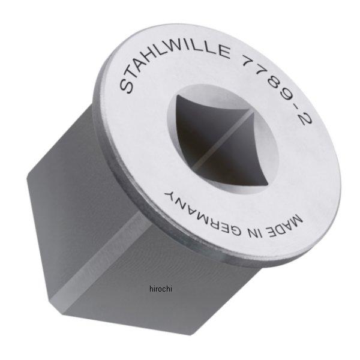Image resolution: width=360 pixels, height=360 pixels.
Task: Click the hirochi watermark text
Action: (x=160, y=289)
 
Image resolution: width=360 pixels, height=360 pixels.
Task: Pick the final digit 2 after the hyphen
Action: (x=305, y=123)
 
